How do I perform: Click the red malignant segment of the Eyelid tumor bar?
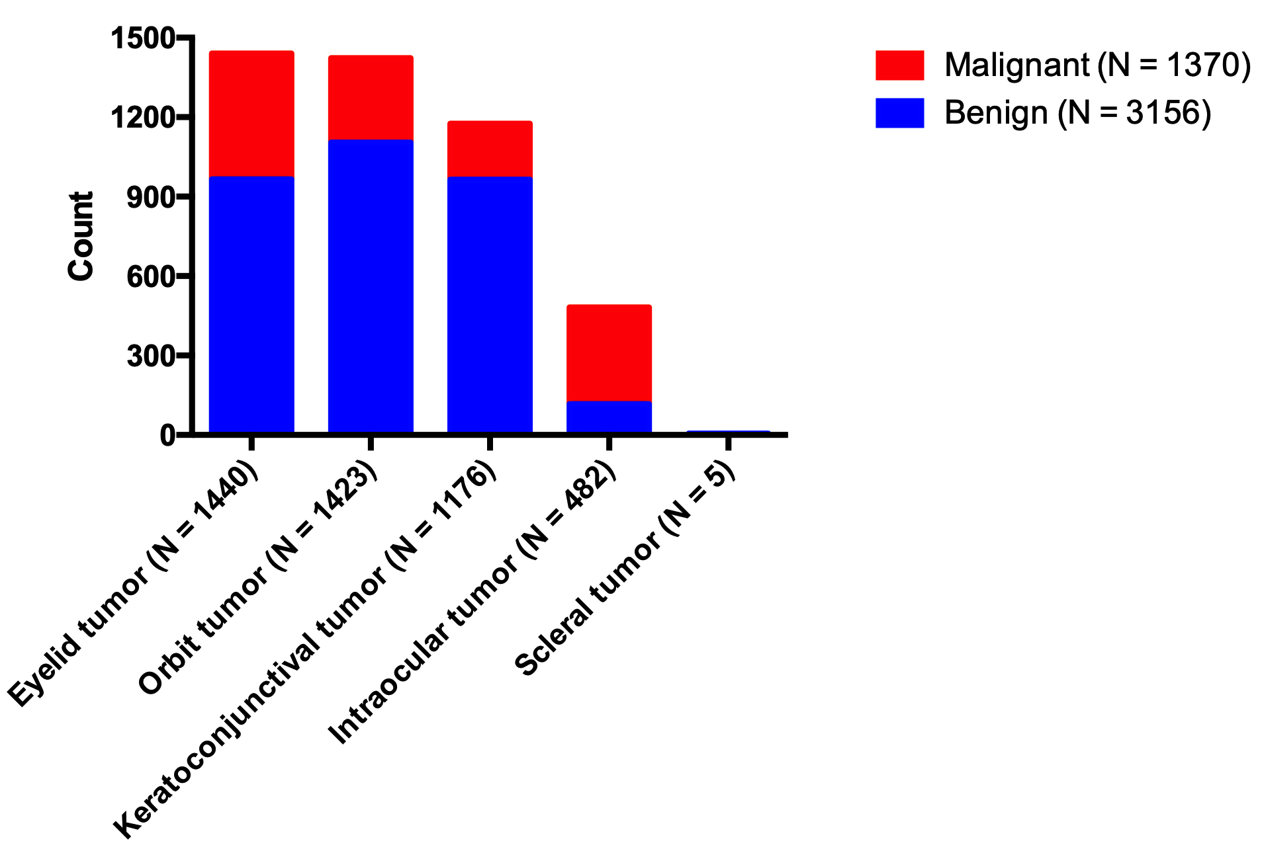(x=251, y=113)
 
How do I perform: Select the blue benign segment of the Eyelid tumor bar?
(x=251, y=304)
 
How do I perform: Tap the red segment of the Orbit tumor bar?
(x=371, y=97)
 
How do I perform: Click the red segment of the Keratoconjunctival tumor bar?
(x=490, y=149)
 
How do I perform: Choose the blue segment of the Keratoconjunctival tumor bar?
(x=490, y=304)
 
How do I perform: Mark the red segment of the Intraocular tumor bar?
(x=609, y=352)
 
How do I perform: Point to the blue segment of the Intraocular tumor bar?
(x=609, y=417)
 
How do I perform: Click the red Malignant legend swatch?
(x=899, y=65)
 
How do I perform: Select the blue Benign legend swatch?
(x=899, y=113)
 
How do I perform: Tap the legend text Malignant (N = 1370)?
(x=1097, y=65)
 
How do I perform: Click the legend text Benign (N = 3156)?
(x=1077, y=113)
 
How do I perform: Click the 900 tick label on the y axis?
(x=151, y=197)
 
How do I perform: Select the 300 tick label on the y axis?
(x=151, y=356)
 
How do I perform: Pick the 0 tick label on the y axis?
(x=167, y=435)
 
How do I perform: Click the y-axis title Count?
(x=81, y=236)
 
